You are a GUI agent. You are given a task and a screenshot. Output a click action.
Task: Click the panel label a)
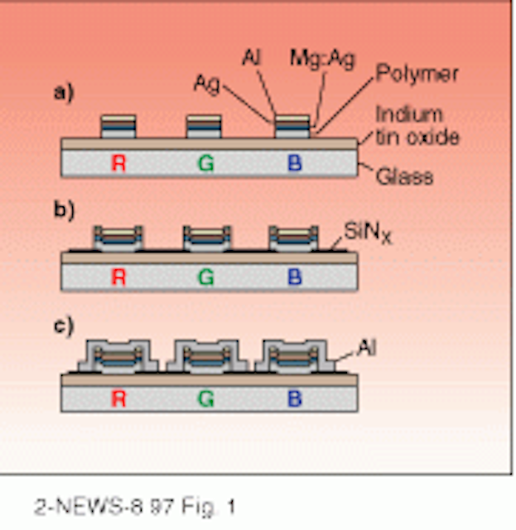click(64, 92)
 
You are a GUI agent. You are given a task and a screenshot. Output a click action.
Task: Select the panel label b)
click(65, 210)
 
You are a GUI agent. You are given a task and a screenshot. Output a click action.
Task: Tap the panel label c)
click(64, 326)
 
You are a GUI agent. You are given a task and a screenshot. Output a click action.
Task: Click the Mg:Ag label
click(322, 60)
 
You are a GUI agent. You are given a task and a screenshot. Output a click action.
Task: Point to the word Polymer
click(417, 74)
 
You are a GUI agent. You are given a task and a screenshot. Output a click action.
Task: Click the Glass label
click(404, 176)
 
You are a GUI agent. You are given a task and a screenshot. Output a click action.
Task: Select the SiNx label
click(368, 233)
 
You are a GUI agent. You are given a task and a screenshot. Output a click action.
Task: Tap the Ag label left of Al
click(206, 84)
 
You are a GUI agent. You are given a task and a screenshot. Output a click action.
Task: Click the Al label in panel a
click(252, 58)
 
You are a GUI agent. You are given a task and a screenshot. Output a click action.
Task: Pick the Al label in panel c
click(367, 348)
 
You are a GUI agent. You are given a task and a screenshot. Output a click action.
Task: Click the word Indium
click(409, 114)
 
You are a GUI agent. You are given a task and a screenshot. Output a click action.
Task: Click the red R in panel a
click(118, 163)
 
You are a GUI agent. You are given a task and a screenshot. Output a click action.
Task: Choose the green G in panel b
click(206, 277)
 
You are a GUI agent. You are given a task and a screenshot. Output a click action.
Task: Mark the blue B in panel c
click(295, 399)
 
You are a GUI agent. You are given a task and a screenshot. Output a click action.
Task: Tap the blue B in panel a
click(295, 163)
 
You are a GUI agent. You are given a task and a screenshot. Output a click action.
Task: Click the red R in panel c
click(118, 399)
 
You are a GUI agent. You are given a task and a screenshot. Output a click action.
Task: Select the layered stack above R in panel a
click(118, 127)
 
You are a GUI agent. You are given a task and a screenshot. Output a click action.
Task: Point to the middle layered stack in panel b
click(207, 238)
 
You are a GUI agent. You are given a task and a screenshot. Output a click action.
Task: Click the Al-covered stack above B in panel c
click(295, 356)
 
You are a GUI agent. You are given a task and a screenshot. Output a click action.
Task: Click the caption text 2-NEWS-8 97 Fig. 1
click(134, 507)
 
